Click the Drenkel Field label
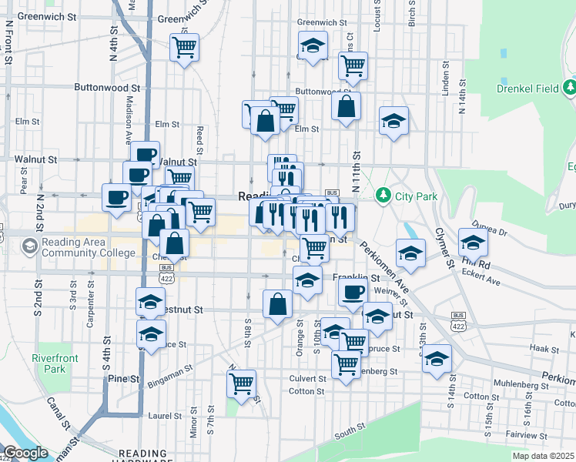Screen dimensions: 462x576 pos(527,89)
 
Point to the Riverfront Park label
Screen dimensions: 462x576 pos(50,363)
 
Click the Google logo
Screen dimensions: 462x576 pos(25,453)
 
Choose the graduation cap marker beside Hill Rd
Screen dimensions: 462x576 pos(473,243)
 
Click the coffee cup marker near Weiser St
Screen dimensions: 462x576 pos(353,292)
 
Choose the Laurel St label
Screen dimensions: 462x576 pos(165,416)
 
